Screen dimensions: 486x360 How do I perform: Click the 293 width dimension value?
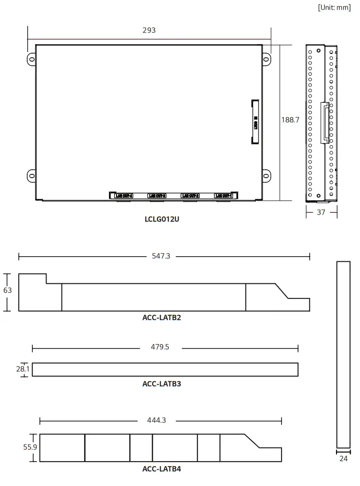(149, 31)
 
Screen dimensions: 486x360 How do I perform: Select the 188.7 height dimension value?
(290, 120)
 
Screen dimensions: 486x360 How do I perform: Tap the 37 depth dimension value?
(321, 212)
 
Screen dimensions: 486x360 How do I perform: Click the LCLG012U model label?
(162, 219)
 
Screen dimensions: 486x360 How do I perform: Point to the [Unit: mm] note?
(334, 8)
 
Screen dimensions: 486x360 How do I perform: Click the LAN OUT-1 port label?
(224, 196)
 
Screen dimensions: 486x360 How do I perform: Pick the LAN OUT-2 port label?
(191, 196)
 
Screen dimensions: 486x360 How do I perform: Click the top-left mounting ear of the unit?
(31, 59)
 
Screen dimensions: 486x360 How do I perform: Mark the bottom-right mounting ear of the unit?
(266, 176)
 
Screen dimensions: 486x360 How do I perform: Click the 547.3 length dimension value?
(161, 257)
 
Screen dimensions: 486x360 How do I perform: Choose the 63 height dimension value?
(8, 290)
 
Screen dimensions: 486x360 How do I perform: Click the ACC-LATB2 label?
(162, 318)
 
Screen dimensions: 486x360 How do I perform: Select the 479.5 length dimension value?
(160, 347)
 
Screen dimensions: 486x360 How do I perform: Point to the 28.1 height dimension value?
(23, 369)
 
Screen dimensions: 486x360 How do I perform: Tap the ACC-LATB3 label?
(162, 384)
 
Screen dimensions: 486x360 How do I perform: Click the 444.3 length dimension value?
(157, 421)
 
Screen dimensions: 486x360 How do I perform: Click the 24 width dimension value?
(344, 459)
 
